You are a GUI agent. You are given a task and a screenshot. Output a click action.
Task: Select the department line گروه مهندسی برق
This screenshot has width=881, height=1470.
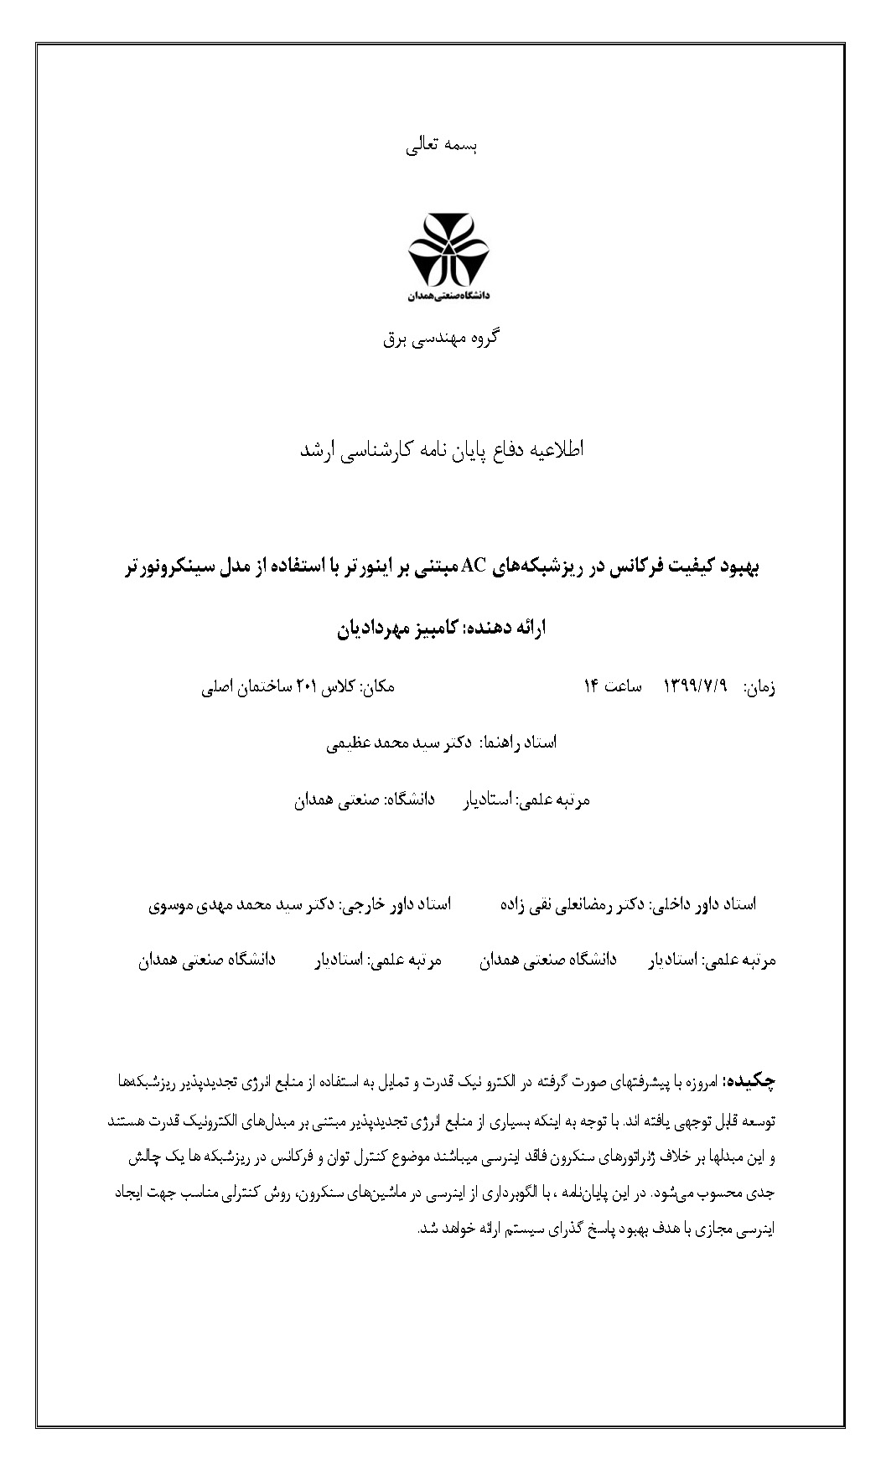(441, 338)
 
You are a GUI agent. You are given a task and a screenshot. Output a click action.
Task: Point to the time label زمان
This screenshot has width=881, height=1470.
(759, 687)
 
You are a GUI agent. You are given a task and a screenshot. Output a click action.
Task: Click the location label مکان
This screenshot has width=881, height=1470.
(378, 687)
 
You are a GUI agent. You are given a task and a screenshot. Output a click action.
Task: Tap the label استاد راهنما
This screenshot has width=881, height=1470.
(521, 743)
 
